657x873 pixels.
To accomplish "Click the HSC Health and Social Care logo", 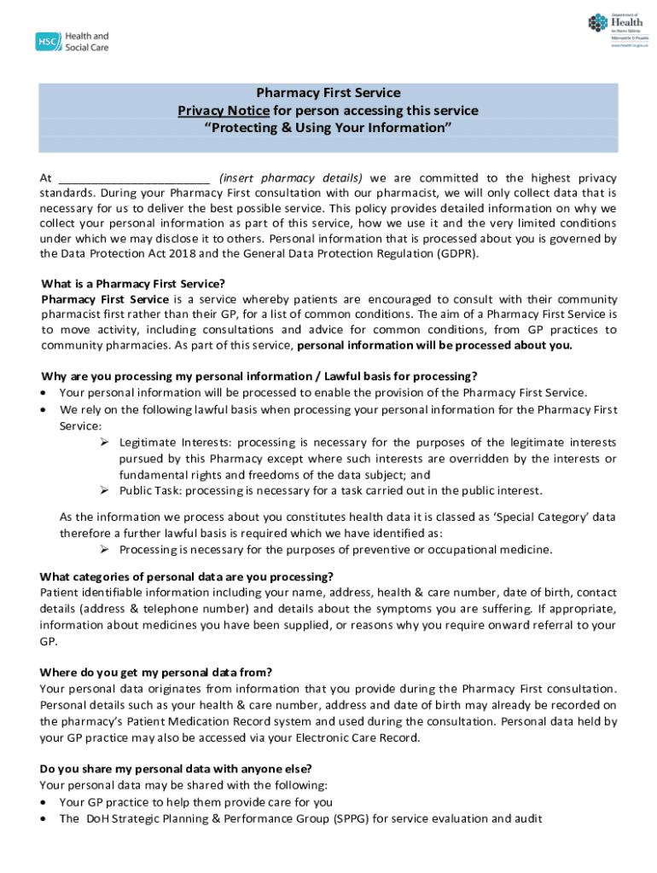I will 73,41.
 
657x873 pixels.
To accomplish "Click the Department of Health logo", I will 617,32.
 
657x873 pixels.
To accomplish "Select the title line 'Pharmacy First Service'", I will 328,93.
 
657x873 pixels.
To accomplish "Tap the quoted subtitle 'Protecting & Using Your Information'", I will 328,128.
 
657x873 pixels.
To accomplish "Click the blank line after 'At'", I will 134,178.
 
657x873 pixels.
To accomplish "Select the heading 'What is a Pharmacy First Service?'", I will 133,284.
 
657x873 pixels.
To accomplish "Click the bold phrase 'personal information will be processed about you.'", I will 434,345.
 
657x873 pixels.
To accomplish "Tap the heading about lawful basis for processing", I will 259,377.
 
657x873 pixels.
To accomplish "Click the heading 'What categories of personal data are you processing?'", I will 187,577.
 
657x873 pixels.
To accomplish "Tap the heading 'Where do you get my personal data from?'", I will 156,672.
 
